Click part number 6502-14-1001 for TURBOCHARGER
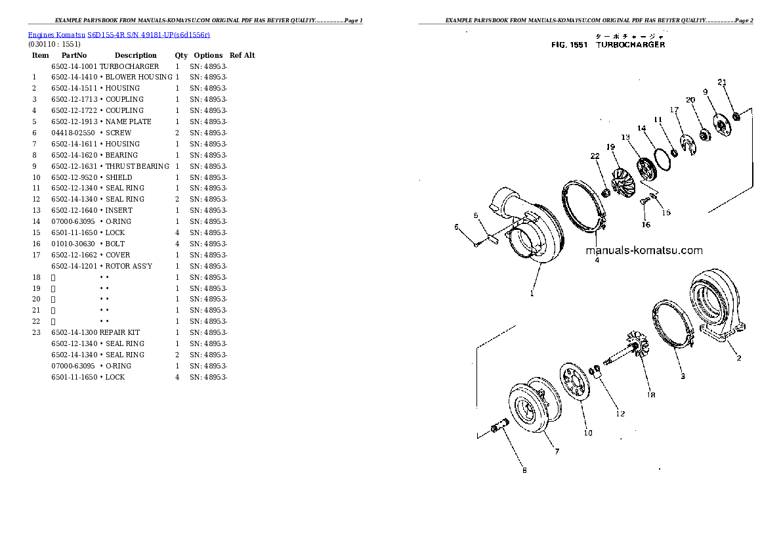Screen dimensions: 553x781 (x=74, y=66)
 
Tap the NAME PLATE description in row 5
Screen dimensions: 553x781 (x=128, y=122)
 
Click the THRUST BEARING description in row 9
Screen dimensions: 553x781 (x=137, y=166)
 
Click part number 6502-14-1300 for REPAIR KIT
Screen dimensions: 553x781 (x=74, y=332)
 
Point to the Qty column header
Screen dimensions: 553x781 (x=181, y=55)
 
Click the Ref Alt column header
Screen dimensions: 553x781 (x=242, y=55)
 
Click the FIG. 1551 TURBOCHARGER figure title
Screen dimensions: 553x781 (x=608, y=45)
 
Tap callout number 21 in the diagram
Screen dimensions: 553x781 (x=722, y=83)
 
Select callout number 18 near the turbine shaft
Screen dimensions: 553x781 (x=651, y=395)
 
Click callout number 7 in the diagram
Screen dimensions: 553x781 (x=556, y=452)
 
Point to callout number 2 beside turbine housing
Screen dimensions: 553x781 (x=738, y=358)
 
